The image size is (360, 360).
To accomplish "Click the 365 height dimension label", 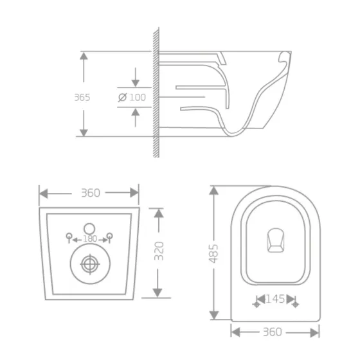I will (x=82, y=98).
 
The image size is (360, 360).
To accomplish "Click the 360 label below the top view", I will (x=274, y=332).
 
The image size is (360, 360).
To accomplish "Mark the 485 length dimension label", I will (x=215, y=253).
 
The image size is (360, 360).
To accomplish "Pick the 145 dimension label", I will (x=274, y=300).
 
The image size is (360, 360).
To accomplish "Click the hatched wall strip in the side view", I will (x=155, y=93).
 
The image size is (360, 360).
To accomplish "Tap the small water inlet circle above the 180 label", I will (x=89, y=227).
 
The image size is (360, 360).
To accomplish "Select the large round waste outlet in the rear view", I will (x=89, y=264).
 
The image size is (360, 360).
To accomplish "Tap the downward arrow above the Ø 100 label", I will (x=135, y=83).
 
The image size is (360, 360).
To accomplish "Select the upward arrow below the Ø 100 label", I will (x=135, y=113).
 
